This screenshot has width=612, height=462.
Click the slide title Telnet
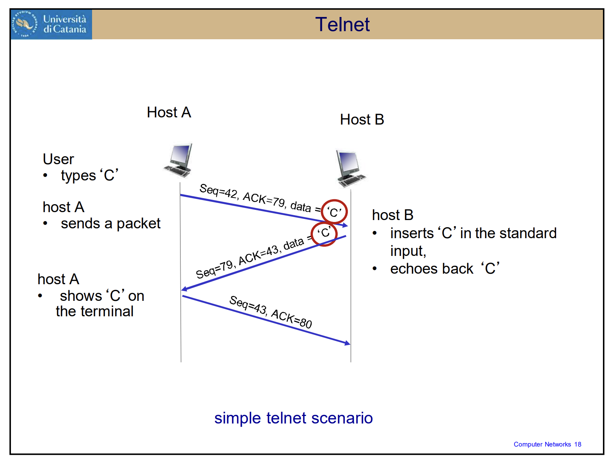(x=342, y=25)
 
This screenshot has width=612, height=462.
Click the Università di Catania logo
(x=51, y=25)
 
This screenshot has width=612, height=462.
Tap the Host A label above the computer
(x=169, y=112)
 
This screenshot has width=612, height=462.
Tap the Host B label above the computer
(x=362, y=120)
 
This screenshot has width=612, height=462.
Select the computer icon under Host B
(x=350, y=169)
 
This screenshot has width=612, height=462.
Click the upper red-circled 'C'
(x=334, y=211)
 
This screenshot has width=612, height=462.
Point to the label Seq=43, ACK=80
(x=271, y=312)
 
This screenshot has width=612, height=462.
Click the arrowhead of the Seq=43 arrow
(x=348, y=343)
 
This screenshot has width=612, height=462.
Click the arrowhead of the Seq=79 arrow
(x=184, y=289)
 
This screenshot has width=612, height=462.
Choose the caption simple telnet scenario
(x=294, y=418)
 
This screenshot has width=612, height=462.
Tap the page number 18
(x=578, y=444)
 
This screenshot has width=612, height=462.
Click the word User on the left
(x=58, y=159)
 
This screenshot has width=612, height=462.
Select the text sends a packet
(x=111, y=224)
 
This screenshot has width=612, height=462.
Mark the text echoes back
(x=432, y=269)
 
